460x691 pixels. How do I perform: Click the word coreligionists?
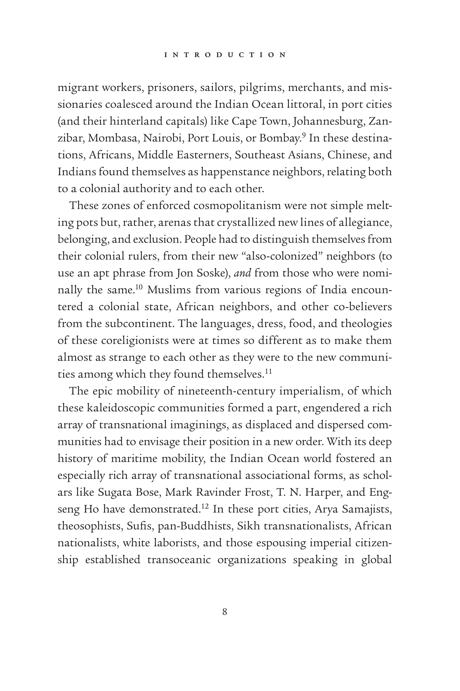click(134, 341)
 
